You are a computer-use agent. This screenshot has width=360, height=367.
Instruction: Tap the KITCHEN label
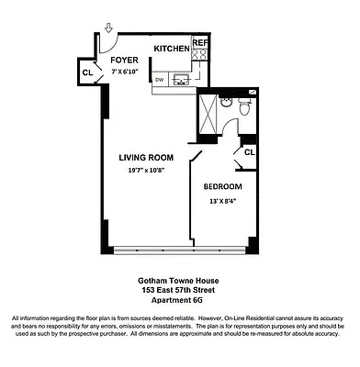tap(172, 49)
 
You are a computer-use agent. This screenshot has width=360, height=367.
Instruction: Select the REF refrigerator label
tap(200, 43)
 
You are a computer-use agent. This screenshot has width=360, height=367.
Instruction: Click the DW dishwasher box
tap(160, 80)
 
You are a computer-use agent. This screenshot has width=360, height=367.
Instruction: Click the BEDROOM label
tap(222, 186)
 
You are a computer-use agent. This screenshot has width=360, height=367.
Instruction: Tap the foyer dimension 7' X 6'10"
tap(125, 71)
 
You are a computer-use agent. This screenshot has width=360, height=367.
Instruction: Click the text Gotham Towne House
tap(179, 282)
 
